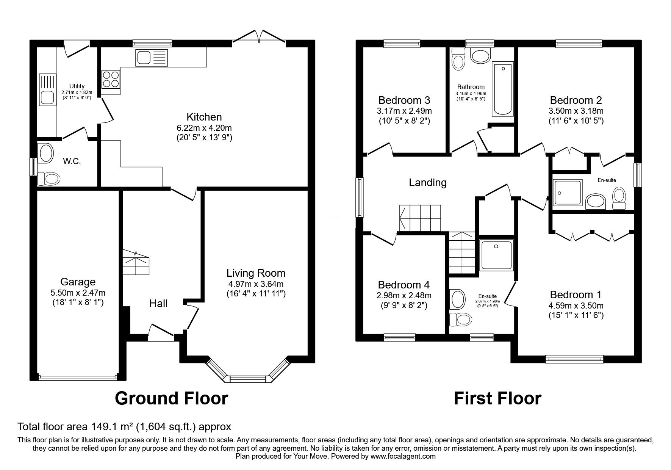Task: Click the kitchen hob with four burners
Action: (x=111, y=79)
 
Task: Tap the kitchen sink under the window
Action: (x=152, y=57)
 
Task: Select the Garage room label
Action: (x=78, y=282)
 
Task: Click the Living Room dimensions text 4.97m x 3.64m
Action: (x=256, y=284)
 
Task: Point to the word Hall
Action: (x=158, y=303)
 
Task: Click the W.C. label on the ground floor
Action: (x=72, y=161)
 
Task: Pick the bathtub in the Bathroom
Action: (x=503, y=89)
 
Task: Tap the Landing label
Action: (x=428, y=183)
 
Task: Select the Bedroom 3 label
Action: (x=404, y=100)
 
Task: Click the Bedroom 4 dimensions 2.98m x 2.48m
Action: (x=404, y=295)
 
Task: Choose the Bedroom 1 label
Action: (x=576, y=295)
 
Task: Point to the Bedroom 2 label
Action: (x=576, y=100)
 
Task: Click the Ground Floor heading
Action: (x=171, y=398)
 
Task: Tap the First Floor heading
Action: (x=497, y=398)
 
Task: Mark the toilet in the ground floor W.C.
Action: (x=49, y=178)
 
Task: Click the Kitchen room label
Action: (x=204, y=117)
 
